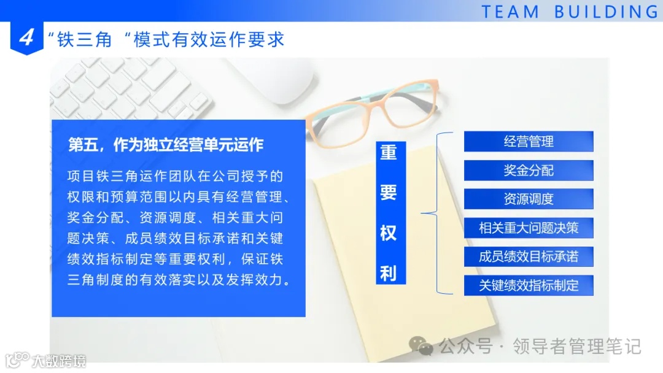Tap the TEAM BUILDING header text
(x=570, y=12)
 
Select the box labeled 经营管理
(x=529, y=141)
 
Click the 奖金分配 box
(x=529, y=170)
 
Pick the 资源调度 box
(x=529, y=199)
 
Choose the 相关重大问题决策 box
(x=529, y=228)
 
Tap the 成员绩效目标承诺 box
(x=529, y=256)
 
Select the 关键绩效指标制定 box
(x=529, y=285)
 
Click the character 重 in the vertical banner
(x=388, y=152)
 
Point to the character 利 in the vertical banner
(x=388, y=273)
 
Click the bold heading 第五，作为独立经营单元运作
(x=166, y=145)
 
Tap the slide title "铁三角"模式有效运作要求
(x=166, y=39)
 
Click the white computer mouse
(x=276, y=80)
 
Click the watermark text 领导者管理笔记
(x=576, y=347)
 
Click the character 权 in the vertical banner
(x=388, y=233)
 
